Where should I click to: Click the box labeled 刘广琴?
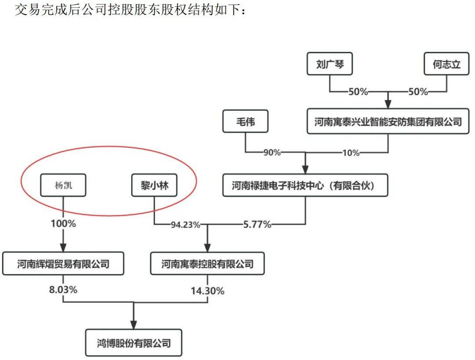point(329,64)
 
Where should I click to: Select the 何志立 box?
point(446,64)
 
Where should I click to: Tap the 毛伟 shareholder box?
point(245,121)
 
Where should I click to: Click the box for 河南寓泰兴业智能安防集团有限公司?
point(388,121)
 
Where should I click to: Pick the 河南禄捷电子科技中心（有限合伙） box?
point(305,185)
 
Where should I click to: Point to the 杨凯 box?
point(63,185)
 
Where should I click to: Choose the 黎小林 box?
point(154,185)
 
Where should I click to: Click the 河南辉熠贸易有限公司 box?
point(63,264)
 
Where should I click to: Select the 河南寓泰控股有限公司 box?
point(208,264)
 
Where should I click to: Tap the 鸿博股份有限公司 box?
point(134,343)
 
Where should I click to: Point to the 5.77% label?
point(257,224)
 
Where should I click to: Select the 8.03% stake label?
point(63,290)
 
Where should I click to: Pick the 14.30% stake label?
point(208,291)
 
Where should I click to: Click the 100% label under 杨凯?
point(63,224)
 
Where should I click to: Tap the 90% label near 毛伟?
point(272,152)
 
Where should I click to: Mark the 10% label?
point(351,153)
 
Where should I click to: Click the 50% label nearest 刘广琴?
point(358,92)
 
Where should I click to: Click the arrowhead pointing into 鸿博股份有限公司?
point(134,325)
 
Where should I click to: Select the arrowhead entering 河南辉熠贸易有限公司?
point(63,247)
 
